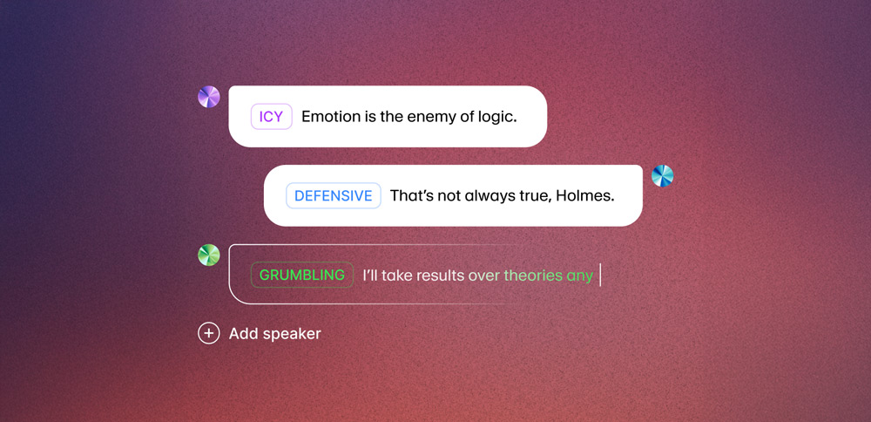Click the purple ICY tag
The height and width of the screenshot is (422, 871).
[x=271, y=117]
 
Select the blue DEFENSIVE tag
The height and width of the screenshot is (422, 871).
[x=334, y=195]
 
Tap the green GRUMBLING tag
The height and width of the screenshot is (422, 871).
[x=302, y=275]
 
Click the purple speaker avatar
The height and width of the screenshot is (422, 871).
[x=209, y=97]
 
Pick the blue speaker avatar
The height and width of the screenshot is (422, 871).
[x=662, y=176]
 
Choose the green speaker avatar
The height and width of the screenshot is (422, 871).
[x=209, y=255]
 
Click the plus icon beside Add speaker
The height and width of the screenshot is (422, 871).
[x=209, y=334]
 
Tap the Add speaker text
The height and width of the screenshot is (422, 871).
[x=275, y=334]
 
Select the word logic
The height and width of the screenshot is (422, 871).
[x=499, y=118]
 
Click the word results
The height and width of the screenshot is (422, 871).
[x=436, y=276]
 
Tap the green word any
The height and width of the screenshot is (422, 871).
[x=580, y=276]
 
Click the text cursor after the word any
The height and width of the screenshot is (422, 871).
[x=600, y=276]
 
